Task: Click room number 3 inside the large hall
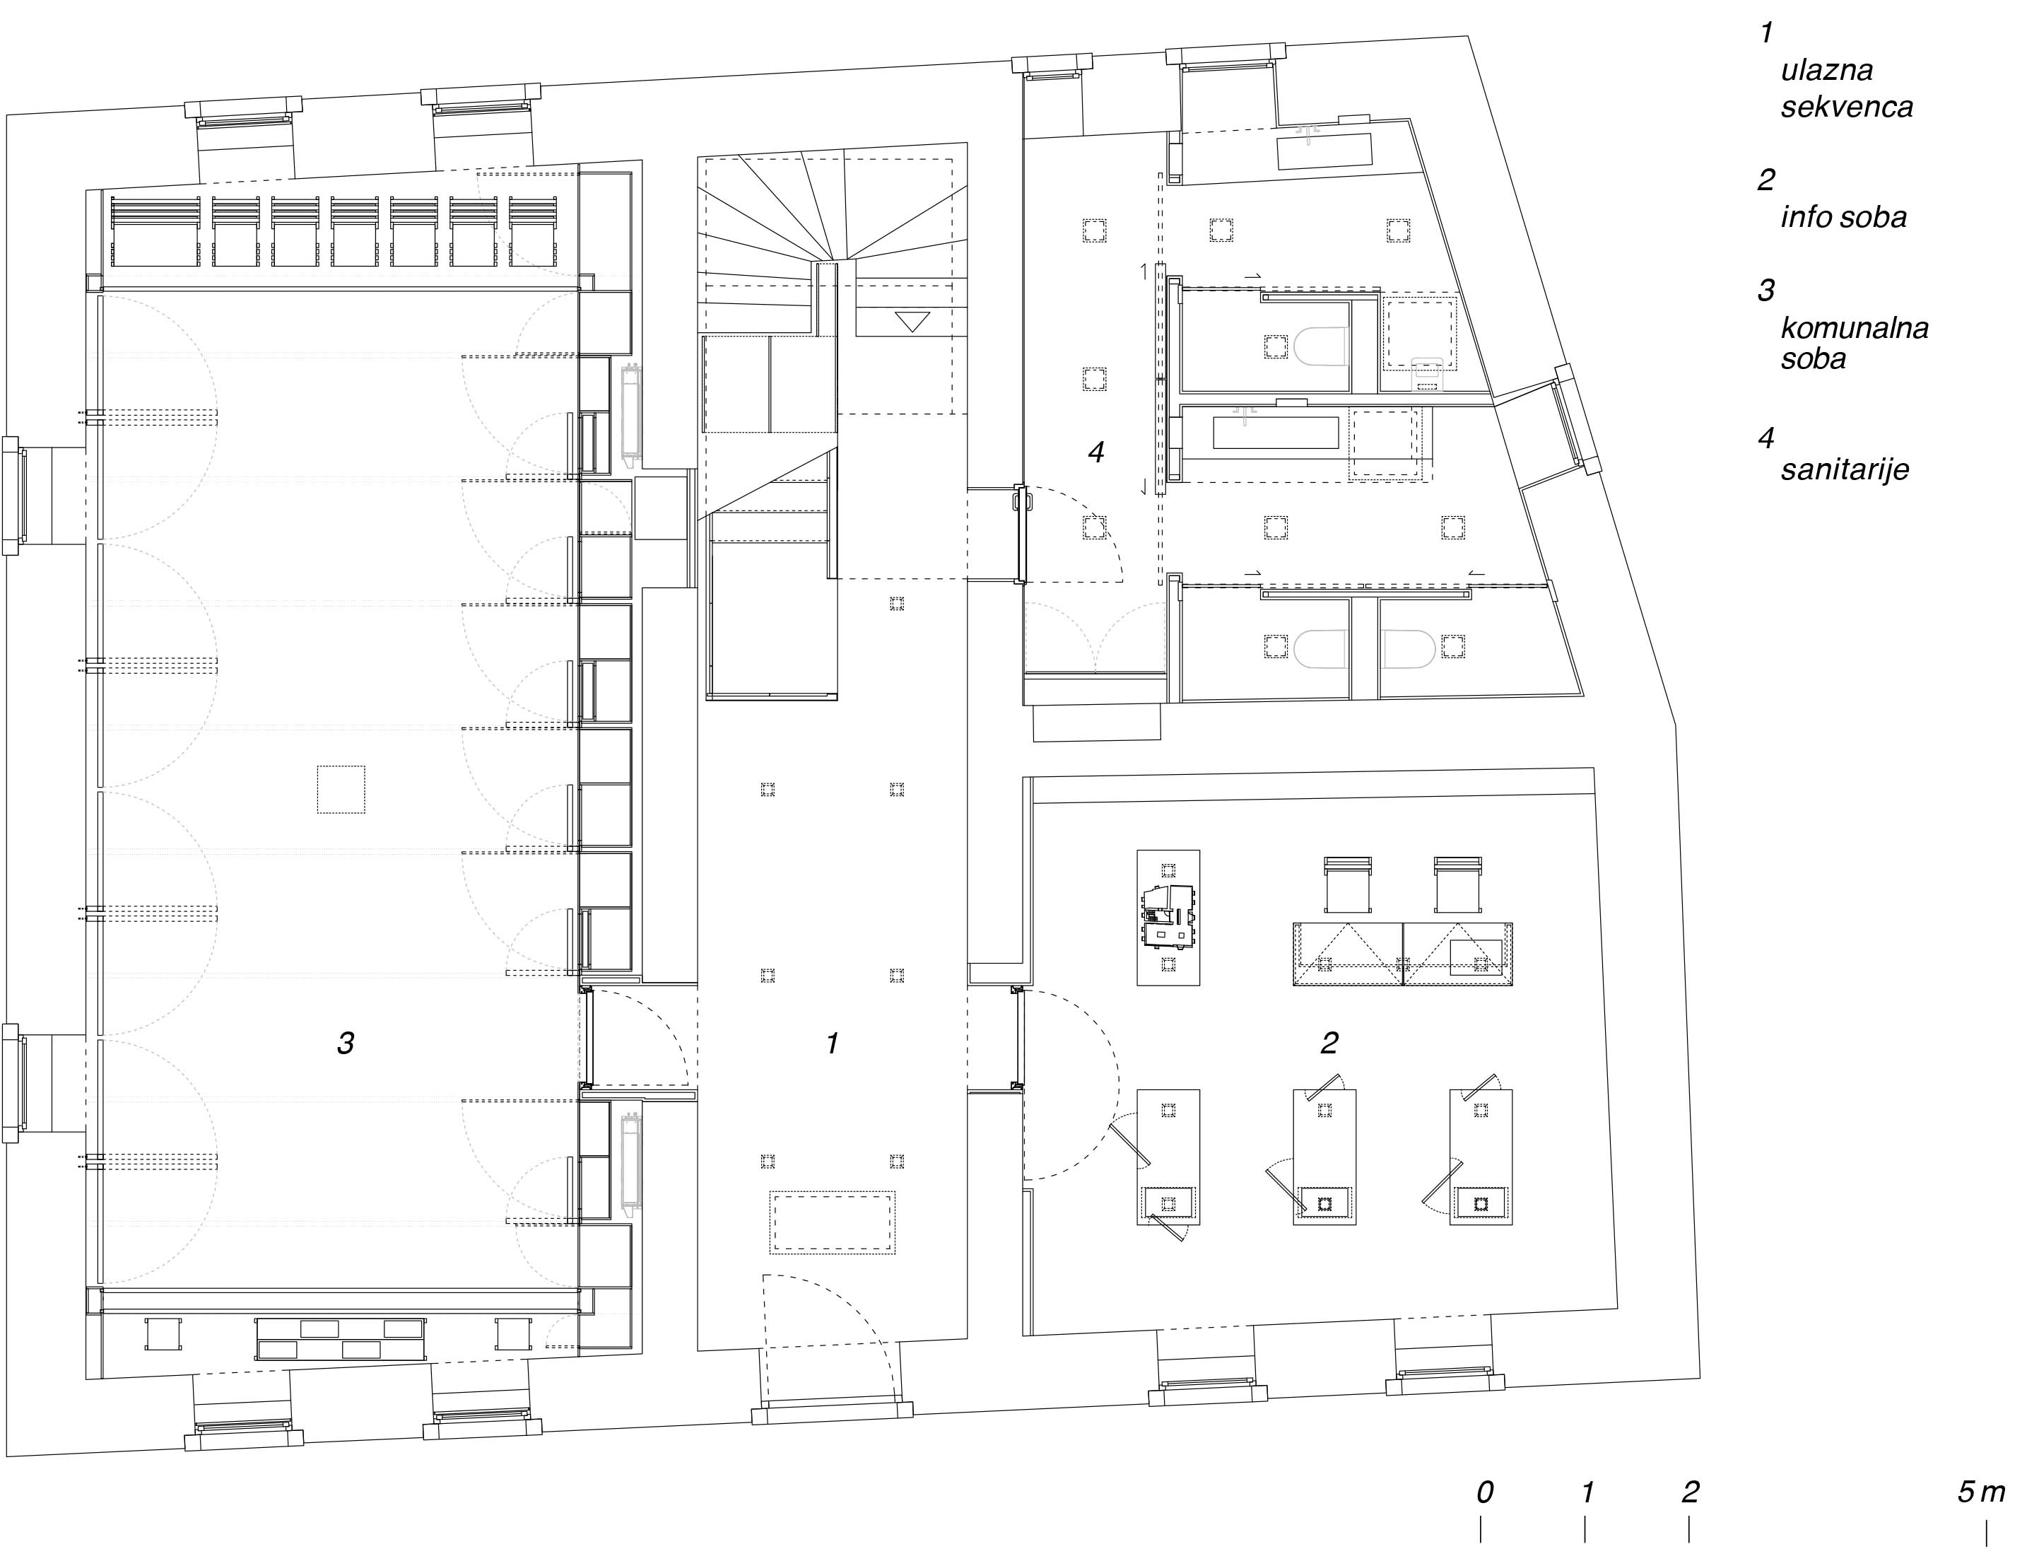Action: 346,1043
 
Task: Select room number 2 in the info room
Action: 1329,1043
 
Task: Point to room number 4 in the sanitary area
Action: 1096,452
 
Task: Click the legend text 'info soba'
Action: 1843,218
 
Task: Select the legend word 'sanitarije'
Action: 1845,470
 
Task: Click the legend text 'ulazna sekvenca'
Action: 1846,88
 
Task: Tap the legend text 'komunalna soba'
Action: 1855,342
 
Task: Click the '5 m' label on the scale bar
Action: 1981,1492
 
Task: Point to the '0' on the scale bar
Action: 1485,1492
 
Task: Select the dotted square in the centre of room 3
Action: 341,789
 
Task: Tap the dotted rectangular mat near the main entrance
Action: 833,1222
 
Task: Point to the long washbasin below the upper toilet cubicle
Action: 1276,433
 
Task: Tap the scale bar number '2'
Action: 1691,1492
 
